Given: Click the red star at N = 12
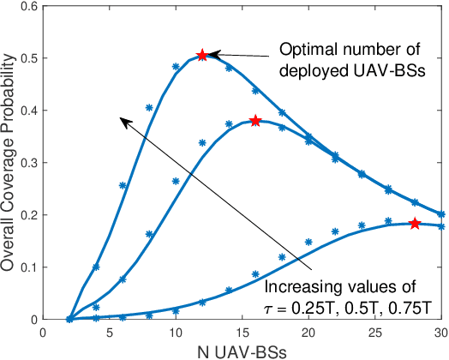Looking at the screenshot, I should (201, 55).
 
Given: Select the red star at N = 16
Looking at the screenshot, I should (254, 121).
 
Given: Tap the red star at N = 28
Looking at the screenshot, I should (414, 224).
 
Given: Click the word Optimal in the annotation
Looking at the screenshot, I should (306, 48).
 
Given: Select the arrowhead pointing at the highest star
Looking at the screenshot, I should (214, 54).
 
